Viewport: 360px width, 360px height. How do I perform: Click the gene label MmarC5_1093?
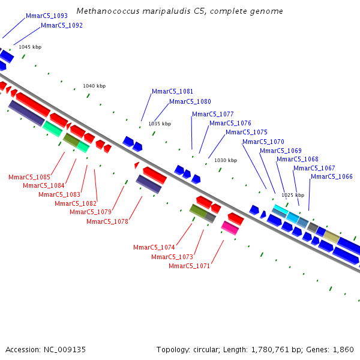pos(47,16)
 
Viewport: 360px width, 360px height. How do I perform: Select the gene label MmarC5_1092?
pos(62,26)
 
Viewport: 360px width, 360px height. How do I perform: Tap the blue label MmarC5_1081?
pos(173,92)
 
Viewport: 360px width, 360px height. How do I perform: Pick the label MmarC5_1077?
pos(213,115)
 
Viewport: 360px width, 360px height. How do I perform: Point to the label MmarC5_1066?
pos(332,176)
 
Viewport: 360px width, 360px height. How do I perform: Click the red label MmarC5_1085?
pos(29,178)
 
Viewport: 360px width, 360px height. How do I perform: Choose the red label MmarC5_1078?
pos(107,222)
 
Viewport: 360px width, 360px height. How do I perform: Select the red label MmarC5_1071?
pos(190,266)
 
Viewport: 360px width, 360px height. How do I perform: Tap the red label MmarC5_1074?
pos(154,248)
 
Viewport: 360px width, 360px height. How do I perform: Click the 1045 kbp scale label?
pos(30,47)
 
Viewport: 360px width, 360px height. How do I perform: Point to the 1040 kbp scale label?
pos(94,86)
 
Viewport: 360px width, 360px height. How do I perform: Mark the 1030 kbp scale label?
pos(226,161)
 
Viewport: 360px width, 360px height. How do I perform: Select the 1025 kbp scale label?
pos(293,196)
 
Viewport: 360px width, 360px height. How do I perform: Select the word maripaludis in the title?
pos(158,11)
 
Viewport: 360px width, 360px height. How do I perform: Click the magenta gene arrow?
pos(230,227)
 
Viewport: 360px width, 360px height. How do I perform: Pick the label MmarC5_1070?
pos(263,142)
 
